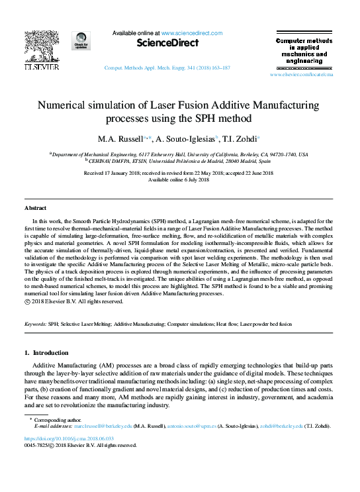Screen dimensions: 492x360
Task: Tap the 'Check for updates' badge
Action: [x=81, y=42]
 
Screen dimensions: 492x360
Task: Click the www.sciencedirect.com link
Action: [x=192, y=32]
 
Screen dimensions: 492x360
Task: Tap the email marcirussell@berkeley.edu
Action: [x=103, y=426]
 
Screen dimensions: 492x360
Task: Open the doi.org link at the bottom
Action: [x=69, y=438]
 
